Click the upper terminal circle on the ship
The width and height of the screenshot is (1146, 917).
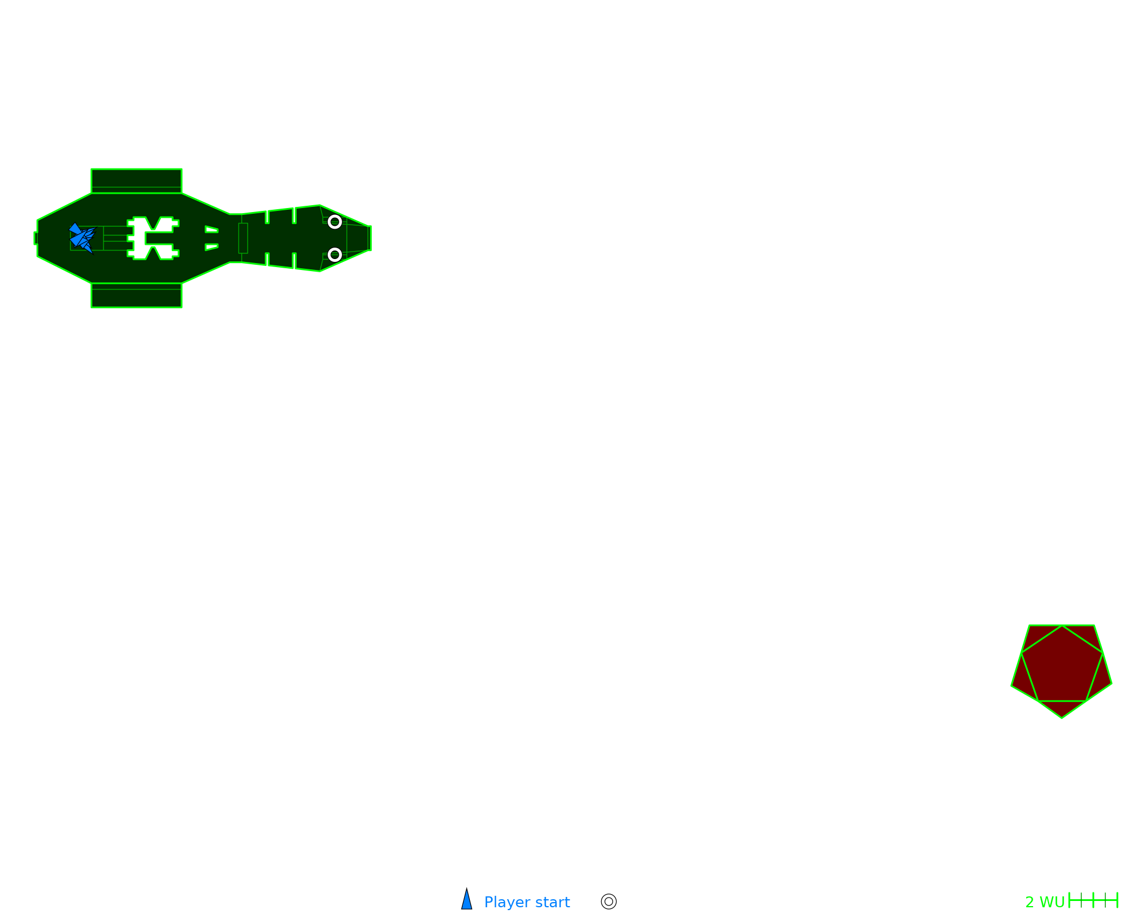coord(335,222)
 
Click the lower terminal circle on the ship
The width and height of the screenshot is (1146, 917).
coord(335,254)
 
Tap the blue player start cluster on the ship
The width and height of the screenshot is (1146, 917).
coord(82,237)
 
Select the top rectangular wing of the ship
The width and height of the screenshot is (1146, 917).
coord(136,181)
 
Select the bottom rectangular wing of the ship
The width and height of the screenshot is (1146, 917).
coord(136,295)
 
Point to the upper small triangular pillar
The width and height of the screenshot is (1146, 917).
coord(211,229)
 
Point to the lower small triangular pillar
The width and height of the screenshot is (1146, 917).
coord(211,247)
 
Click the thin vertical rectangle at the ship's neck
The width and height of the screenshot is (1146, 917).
coord(243,238)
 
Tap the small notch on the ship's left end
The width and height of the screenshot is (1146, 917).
coord(36,238)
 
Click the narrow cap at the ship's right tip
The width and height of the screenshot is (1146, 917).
coord(370,238)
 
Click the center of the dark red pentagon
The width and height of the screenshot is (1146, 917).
coord(1062,668)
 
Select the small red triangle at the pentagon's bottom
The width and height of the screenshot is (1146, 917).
coord(1062,708)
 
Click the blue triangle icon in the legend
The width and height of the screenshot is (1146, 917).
coord(467,900)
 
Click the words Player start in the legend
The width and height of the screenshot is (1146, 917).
coord(527,902)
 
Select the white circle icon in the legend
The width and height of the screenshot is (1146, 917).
coord(609,902)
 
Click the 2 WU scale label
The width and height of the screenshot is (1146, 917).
coord(1044,902)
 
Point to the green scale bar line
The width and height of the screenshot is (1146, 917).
coord(1093,900)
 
